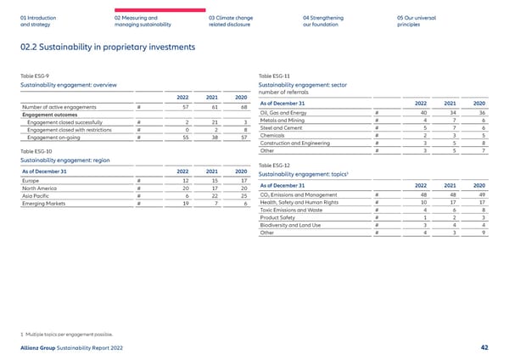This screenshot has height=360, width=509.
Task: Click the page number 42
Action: click(x=483, y=347)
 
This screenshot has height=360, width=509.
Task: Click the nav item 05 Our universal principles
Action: click(x=416, y=20)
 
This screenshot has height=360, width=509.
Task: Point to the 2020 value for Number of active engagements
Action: click(x=243, y=106)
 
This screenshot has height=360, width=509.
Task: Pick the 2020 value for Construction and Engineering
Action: click(x=481, y=143)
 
